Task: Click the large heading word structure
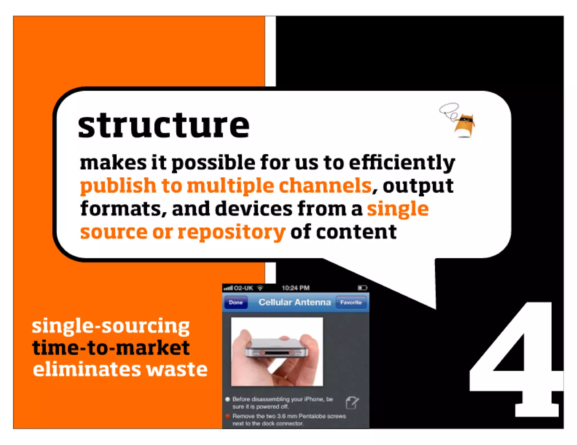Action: pos(163,126)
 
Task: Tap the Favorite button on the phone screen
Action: pos(351,303)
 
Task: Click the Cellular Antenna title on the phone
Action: pos(294,302)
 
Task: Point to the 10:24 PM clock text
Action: pos(296,288)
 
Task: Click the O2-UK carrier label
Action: pos(243,288)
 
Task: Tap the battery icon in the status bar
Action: pos(362,288)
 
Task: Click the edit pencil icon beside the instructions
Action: pos(352,403)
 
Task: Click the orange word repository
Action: pos(232,232)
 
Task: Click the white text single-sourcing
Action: pos(111,326)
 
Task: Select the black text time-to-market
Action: pos(111,348)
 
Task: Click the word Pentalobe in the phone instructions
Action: pos(311,416)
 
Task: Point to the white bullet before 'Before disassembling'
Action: pos(228,399)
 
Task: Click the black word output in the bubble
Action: pos(418,186)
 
